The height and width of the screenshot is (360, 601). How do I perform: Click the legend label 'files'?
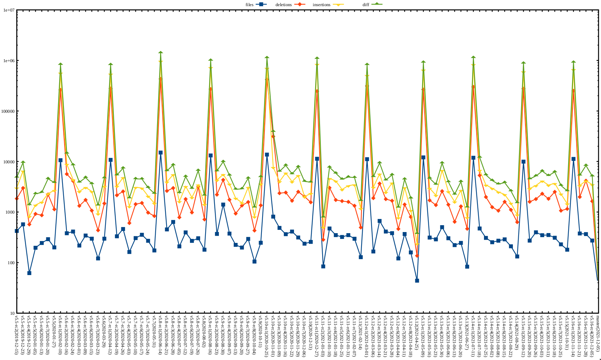click(x=249, y=5)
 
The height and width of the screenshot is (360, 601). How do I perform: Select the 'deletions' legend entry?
click(x=284, y=5)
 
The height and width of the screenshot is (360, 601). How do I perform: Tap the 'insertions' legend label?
click(x=321, y=5)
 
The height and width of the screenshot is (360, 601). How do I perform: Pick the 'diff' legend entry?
click(x=366, y=5)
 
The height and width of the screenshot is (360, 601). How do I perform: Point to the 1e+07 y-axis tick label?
click(x=9, y=10)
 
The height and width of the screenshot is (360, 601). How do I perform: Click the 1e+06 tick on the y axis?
click(x=9, y=61)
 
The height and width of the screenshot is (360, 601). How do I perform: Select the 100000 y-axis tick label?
click(x=8, y=111)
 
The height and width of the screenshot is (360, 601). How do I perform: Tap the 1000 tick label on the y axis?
click(x=9, y=212)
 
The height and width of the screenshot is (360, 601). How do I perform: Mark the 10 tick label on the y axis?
click(x=12, y=313)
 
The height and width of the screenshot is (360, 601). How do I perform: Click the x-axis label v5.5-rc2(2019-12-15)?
click(x=17, y=334)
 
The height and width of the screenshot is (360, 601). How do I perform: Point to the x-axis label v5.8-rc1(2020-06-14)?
click(x=160, y=334)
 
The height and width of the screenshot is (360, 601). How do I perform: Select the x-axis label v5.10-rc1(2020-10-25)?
click(x=267, y=334)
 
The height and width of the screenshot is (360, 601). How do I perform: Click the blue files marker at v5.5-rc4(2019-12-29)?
click(x=29, y=273)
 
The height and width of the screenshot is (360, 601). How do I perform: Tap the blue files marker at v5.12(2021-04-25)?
click(x=417, y=280)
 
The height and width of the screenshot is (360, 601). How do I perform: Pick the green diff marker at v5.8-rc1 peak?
click(x=160, y=53)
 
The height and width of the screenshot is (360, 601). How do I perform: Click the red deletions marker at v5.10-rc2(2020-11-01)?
click(x=273, y=136)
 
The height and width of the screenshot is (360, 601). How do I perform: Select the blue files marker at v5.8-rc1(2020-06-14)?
click(x=160, y=153)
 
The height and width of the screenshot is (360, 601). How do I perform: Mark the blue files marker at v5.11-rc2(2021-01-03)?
click(x=323, y=266)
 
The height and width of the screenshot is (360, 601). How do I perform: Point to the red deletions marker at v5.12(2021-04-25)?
click(x=417, y=256)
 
